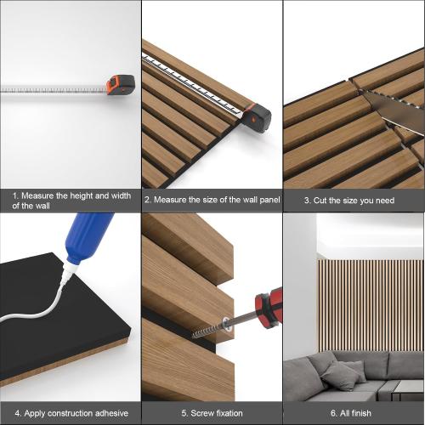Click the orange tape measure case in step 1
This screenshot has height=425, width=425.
click(119, 85)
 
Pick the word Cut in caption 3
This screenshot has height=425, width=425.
click(324, 201)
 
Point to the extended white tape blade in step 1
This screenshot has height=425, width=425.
click(51, 88)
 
